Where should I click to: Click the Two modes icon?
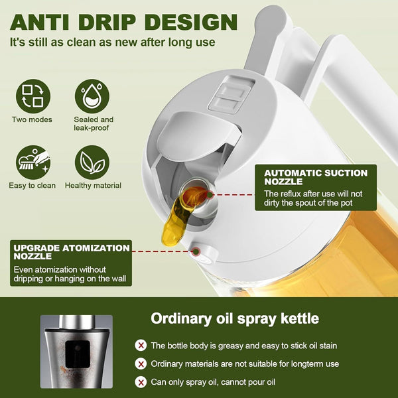click(31, 96)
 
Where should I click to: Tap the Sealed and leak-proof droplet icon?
click(93, 96)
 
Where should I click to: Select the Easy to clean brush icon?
click(31, 162)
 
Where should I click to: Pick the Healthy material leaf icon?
click(93, 162)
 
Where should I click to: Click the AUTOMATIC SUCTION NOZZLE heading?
click(315, 177)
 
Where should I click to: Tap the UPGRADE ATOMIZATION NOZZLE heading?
click(72, 252)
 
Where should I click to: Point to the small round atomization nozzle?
click(197, 250)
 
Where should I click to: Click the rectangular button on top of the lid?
click(229, 93)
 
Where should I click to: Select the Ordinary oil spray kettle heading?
click(235, 318)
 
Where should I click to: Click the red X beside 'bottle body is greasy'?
click(141, 346)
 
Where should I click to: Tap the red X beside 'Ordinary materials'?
click(141, 364)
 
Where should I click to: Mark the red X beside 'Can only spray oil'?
click(141, 382)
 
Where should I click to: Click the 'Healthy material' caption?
click(93, 186)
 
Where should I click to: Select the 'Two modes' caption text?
click(31, 120)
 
